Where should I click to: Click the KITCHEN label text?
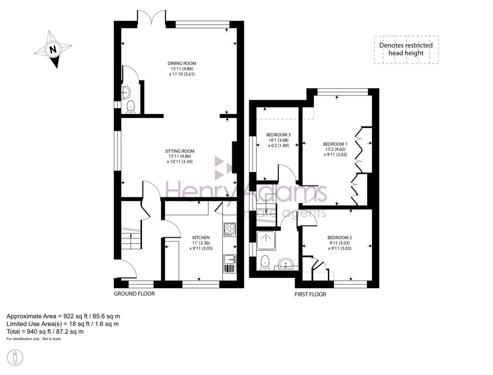(201, 238)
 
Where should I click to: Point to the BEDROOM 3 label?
(278, 134)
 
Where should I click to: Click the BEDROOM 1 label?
(335, 144)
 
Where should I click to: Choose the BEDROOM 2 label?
(339, 238)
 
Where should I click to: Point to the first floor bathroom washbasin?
(286, 264)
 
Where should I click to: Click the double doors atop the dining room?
(151, 18)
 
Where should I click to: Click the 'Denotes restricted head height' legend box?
(406, 49)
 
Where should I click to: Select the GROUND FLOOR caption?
(134, 294)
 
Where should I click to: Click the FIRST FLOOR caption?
(311, 294)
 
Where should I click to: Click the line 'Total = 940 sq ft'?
(45, 332)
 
